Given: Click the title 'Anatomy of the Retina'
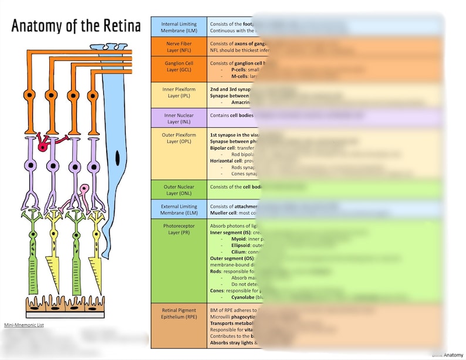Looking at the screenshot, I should click(x=76, y=26).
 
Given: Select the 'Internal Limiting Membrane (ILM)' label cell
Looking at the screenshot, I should click(x=178, y=26).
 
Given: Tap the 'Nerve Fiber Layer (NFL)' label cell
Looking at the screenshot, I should click(x=178, y=47).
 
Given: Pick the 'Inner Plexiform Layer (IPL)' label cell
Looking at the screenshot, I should click(x=178, y=94).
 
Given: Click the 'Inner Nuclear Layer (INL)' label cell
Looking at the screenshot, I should click(x=178, y=118).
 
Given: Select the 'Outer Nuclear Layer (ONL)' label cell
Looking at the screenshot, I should click(x=178, y=190).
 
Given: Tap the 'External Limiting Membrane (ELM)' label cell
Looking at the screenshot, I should click(x=178, y=210).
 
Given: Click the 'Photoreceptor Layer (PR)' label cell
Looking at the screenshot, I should click(x=178, y=229).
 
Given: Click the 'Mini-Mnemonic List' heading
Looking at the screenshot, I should click(x=23, y=325).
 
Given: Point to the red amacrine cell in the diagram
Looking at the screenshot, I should click(x=43, y=147).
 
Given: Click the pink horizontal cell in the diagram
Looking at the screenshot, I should click(x=85, y=189).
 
